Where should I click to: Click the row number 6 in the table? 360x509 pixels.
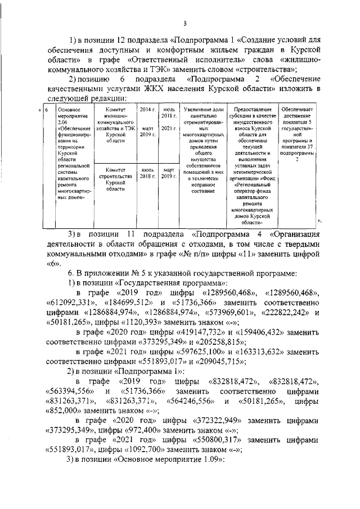coord(46,109)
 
